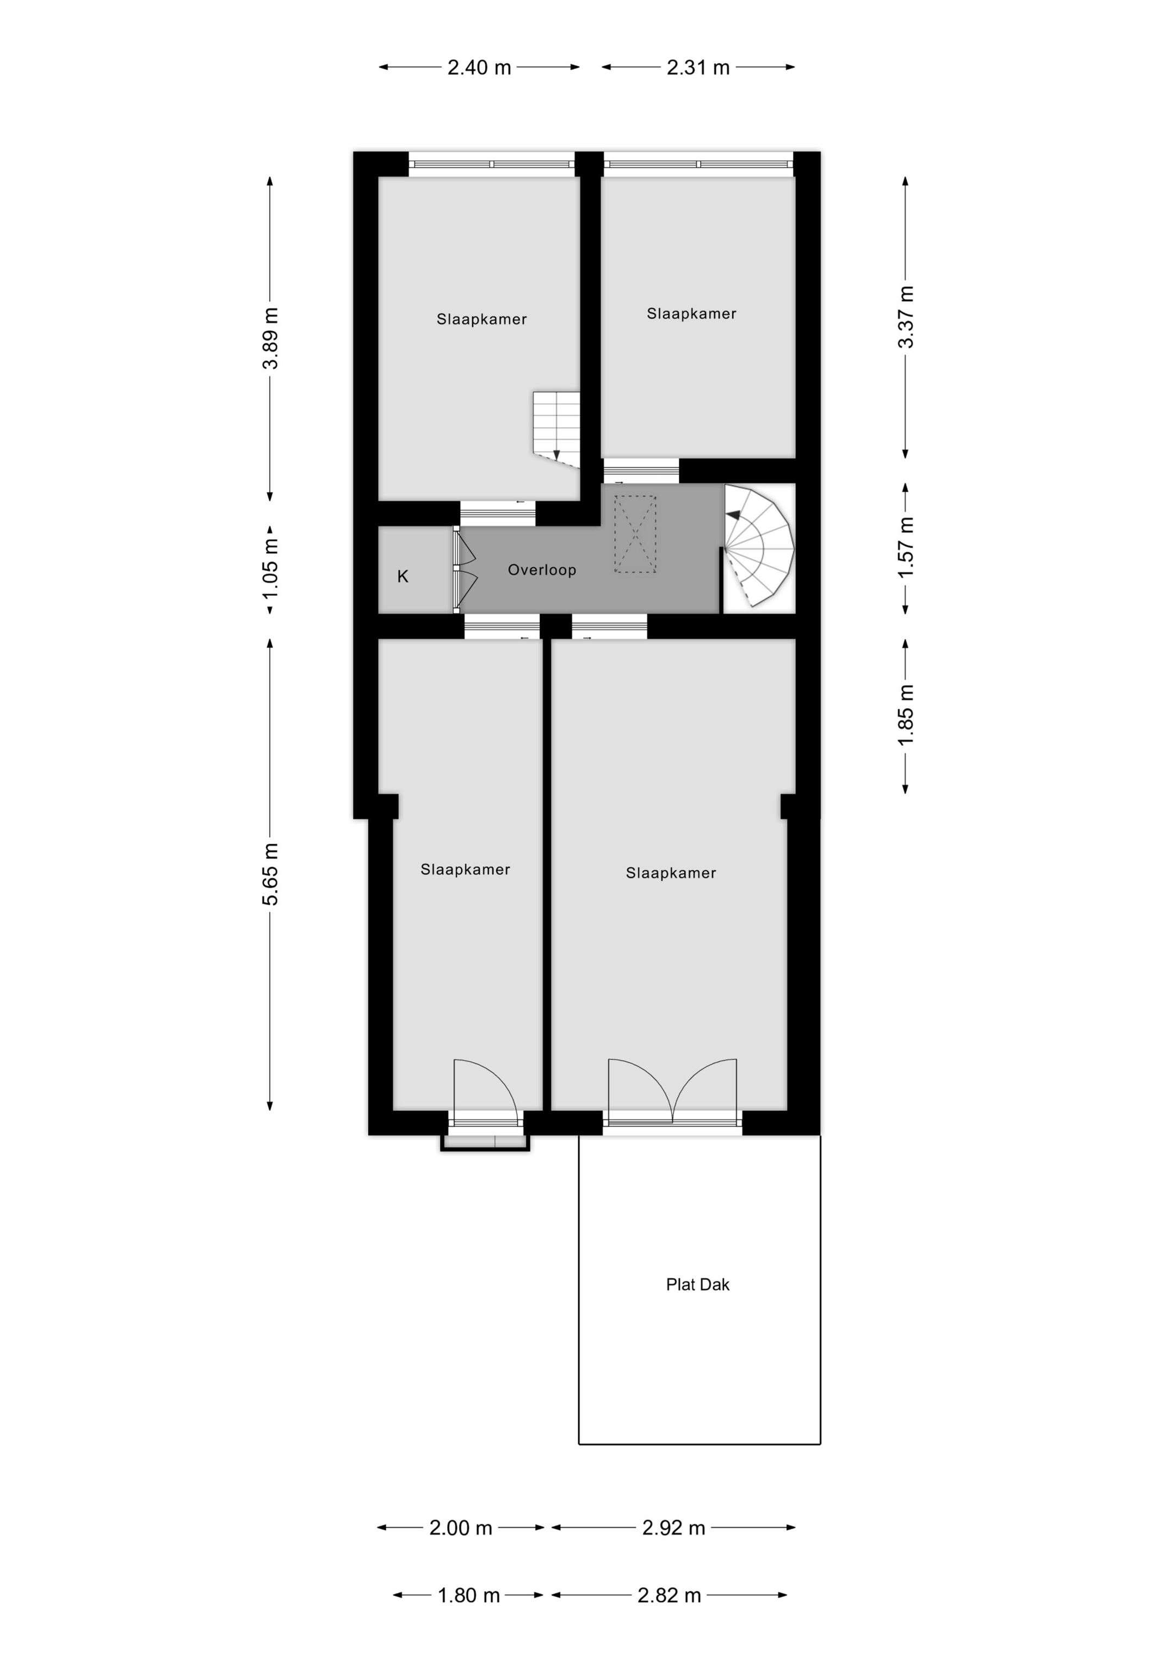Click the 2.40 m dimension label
[x=479, y=67]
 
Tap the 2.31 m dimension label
[x=698, y=67]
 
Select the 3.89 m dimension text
[x=271, y=338]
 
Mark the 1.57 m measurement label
[x=906, y=547]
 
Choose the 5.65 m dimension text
[x=271, y=874]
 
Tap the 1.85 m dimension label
[x=906, y=714]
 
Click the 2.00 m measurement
[x=460, y=1528]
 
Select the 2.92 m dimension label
[x=673, y=1528]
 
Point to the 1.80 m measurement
[x=468, y=1596]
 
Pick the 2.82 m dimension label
[x=669, y=1596]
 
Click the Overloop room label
[x=541, y=570]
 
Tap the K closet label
[x=403, y=576]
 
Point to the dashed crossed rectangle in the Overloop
[x=635, y=534]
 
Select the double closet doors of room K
[x=463, y=570]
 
